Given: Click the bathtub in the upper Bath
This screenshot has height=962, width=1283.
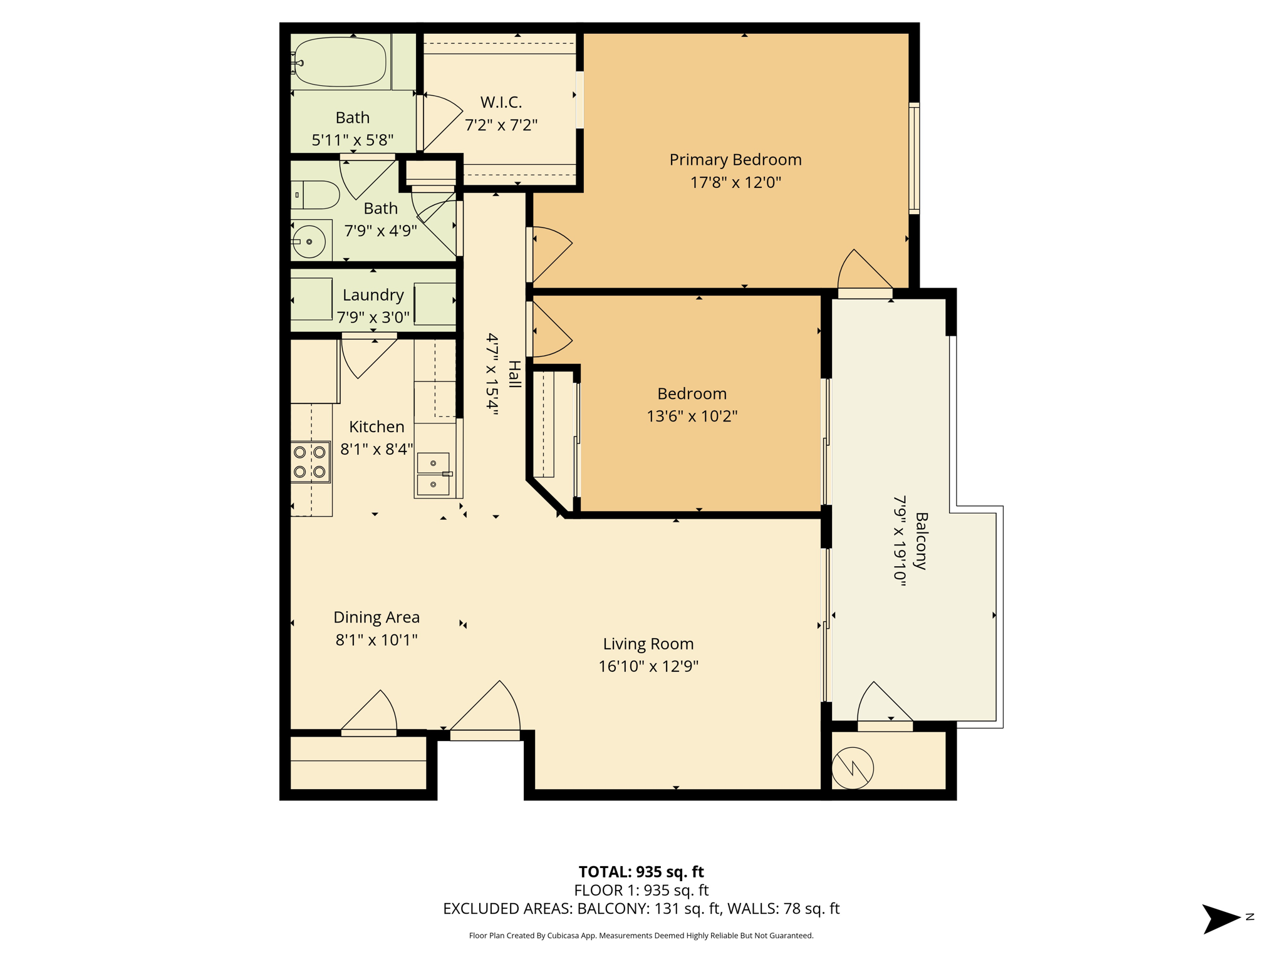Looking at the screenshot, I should pyautogui.click(x=340, y=62).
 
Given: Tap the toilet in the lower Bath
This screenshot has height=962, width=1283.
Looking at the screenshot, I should pyautogui.click(x=317, y=195).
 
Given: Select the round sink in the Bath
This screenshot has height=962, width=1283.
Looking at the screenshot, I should pyautogui.click(x=309, y=241).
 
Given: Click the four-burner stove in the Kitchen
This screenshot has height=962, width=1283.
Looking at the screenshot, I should pyautogui.click(x=310, y=462).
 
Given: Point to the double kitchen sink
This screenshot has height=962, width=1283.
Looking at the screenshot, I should pyautogui.click(x=434, y=474).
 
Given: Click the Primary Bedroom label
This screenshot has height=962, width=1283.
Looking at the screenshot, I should pyautogui.click(x=735, y=160).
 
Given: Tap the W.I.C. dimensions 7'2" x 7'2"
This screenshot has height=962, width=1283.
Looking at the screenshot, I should pyautogui.click(x=501, y=125).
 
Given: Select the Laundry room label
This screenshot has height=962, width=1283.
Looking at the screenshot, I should pyautogui.click(x=373, y=295).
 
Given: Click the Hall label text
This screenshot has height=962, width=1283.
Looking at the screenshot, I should pyautogui.click(x=514, y=375).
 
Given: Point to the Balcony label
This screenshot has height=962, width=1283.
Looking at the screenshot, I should pyautogui.click(x=921, y=541).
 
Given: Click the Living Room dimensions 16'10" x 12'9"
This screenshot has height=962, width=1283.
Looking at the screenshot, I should pyautogui.click(x=648, y=666).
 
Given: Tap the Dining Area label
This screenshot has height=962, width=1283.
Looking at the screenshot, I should pyautogui.click(x=377, y=618).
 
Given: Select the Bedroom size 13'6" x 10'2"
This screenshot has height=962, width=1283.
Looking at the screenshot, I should pyautogui.click(x=692, y=416).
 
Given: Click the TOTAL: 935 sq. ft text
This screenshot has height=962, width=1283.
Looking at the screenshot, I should pyautogui.click(x=641, y=872).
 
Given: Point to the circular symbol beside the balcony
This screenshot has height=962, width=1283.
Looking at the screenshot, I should pyautogui.click(x=853, y=768).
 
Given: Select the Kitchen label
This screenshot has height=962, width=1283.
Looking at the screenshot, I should pyautogui.click(x=377, y=427).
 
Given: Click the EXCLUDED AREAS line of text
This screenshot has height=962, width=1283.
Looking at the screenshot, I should pyautogui.click(x=641, y=909).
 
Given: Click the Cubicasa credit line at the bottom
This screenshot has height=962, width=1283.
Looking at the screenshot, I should pyautogui.click(x=641, y=936).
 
